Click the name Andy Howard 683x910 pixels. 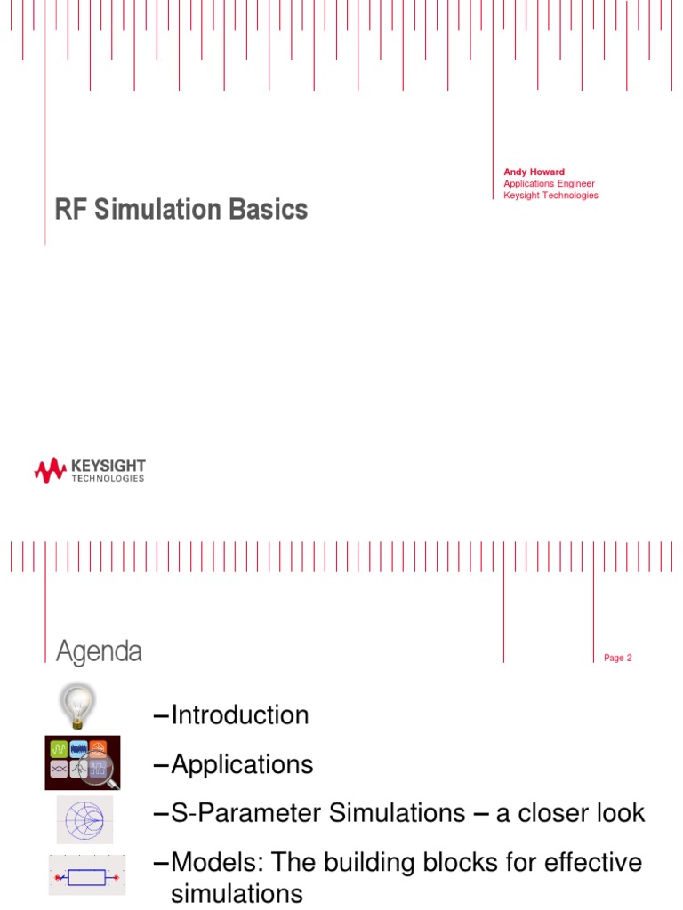534,172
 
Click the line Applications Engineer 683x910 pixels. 549,184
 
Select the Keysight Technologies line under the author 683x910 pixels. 550,196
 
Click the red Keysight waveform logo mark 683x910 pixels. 50,470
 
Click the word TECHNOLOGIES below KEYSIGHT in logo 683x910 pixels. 108,478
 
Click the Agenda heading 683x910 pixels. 99,651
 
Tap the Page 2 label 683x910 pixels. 617,658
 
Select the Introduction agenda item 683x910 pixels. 239,715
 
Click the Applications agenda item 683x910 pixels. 242,764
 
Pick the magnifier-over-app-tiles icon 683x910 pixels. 83,762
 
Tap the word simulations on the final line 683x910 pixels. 237,893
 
